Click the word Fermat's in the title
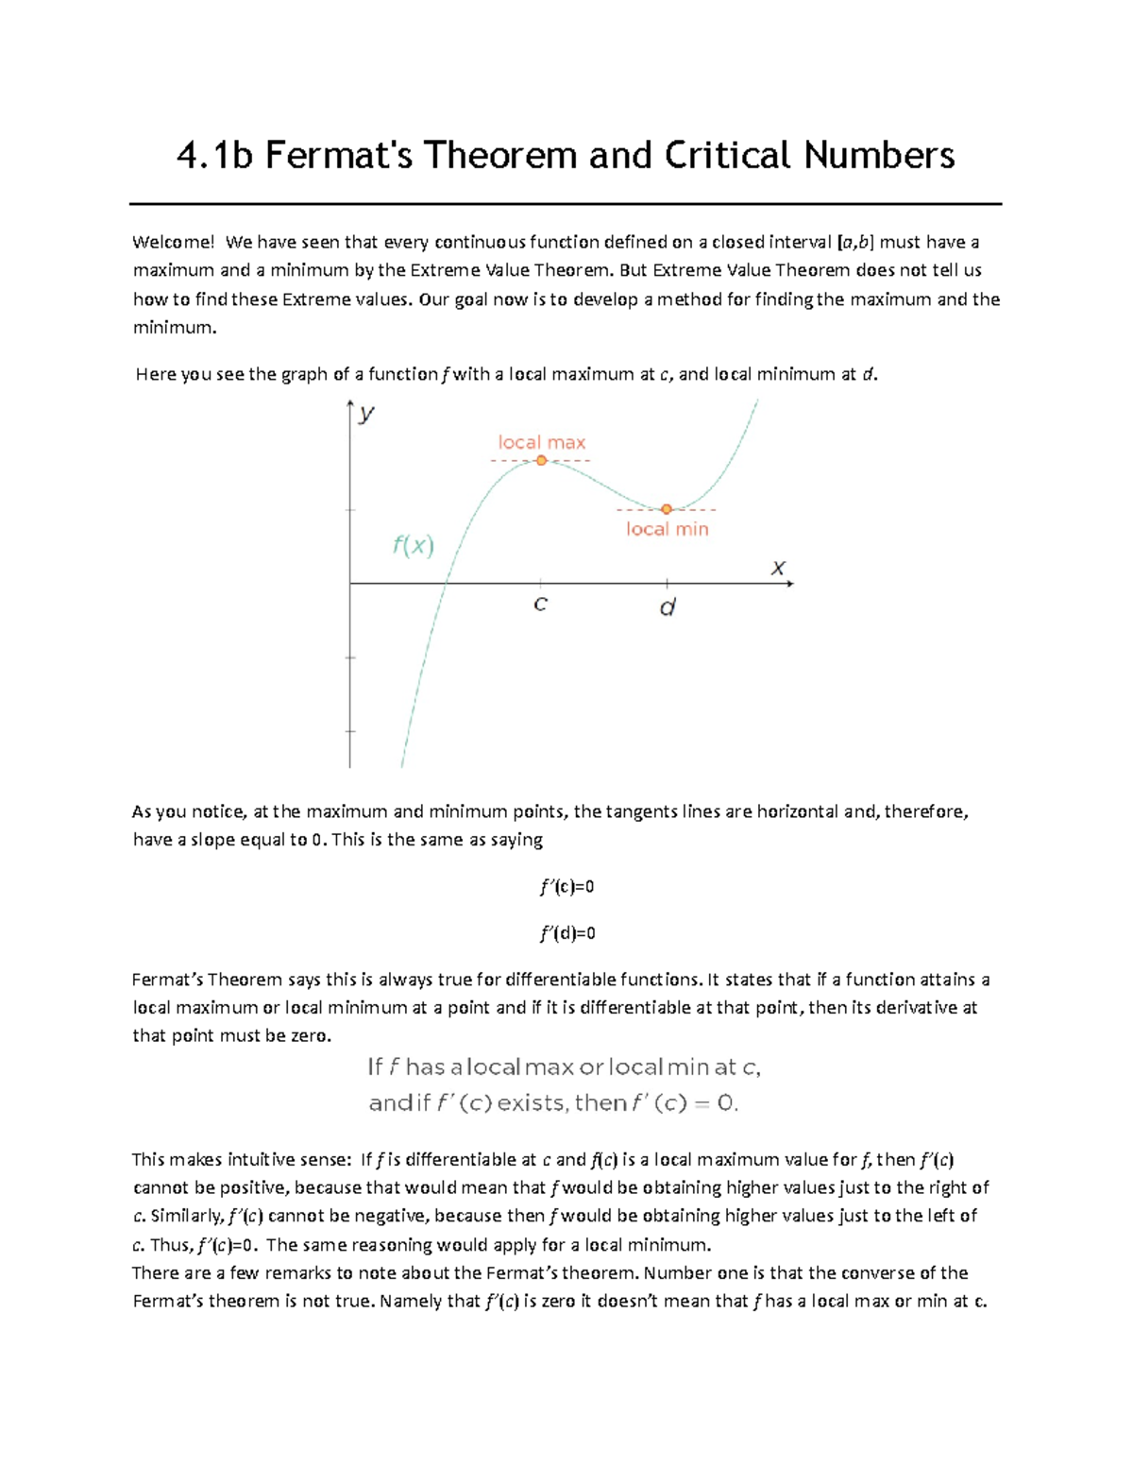[x=338, y=155]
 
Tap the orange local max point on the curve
[x=541, y=461]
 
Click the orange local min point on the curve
[x=667, y=509]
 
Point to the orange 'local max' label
[x=541, y=442]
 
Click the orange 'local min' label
[x=667, y=529]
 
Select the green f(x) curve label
[x=413, y=545]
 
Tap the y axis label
[x=366, y=413]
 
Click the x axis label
[x=777, y=568]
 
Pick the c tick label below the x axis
[x=540, y=604]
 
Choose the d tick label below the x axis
[x=667, y=606]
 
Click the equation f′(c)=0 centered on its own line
[x=566, y=886]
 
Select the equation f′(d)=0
[x=566, y=933]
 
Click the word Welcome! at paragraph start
[x=173, y=242]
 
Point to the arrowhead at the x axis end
[x=789, y=584]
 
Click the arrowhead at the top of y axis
[x=350, y=407]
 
